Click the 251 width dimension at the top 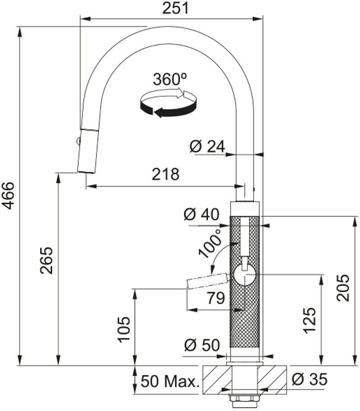point(175,8)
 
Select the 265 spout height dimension point(46,261)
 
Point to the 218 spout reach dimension point(165,174)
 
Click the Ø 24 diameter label point(207,146)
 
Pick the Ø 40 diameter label point(201,214)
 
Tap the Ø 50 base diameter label point(202,345)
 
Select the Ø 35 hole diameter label point(310,379)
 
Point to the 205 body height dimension point(343,288)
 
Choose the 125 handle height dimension point(310,321)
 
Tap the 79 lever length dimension point(216,298)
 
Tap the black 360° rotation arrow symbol point(169,104)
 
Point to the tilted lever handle point(207,281)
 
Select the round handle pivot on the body point(245,275)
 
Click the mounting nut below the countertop point(245,401)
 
